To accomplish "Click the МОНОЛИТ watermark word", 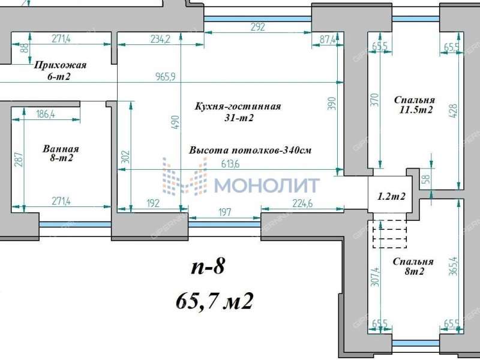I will [267, 185].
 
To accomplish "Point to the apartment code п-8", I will [208, 266].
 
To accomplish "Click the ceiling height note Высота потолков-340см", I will [248, 151].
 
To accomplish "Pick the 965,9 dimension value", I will [164, 76].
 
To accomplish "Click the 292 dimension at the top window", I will [258, 26].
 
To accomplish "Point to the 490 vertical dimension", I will [174, 120].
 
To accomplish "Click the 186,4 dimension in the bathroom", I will [45, 115].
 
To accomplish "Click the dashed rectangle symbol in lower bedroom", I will [390, 234].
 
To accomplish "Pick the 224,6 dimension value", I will [302, 203].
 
